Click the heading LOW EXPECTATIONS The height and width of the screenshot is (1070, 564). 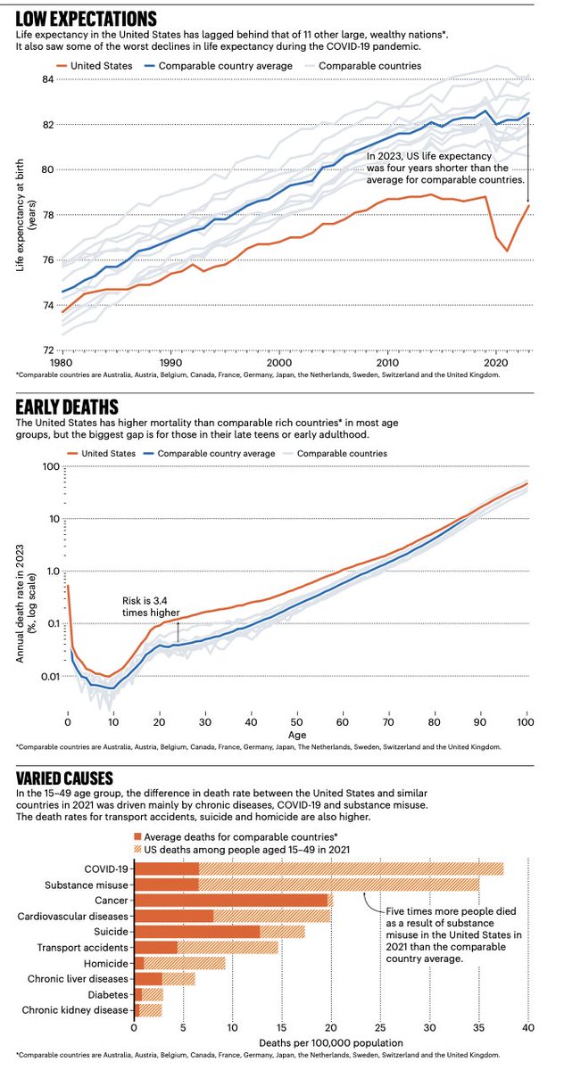(x=87, y=19)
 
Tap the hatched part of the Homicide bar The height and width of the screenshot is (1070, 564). (x=185, y=963)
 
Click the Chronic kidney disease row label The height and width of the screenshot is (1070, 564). (x=79, y=1011)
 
